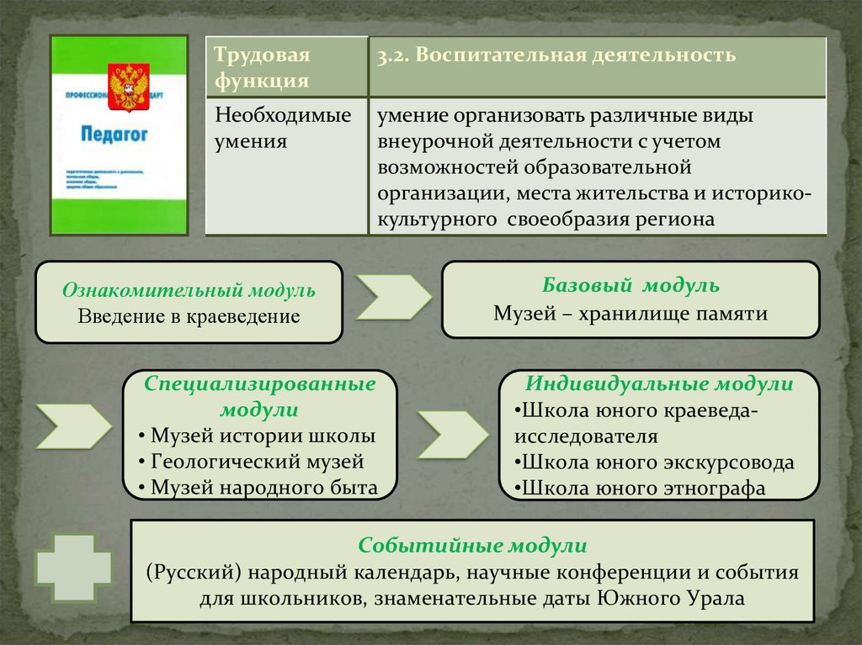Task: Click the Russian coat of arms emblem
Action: pyautogui.click(x=129, y=87)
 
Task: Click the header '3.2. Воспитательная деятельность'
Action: pyautogui.click(x=556, y=56)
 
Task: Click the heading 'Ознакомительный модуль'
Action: pyautogui.click(x=189, y=291)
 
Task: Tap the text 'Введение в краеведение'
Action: pyautogui.click(x=189, y=316)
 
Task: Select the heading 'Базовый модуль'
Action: pyautogui.click(x=631, y=285)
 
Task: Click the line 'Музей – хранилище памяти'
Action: pyautogui.click(x=631, y=314)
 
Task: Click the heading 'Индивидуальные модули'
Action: pyautogui.click(x=659, y=384)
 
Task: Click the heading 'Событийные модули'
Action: pyautogui.click(x=472, y=545)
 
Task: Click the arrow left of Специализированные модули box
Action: pyautogui.click(x=73, y=426)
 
